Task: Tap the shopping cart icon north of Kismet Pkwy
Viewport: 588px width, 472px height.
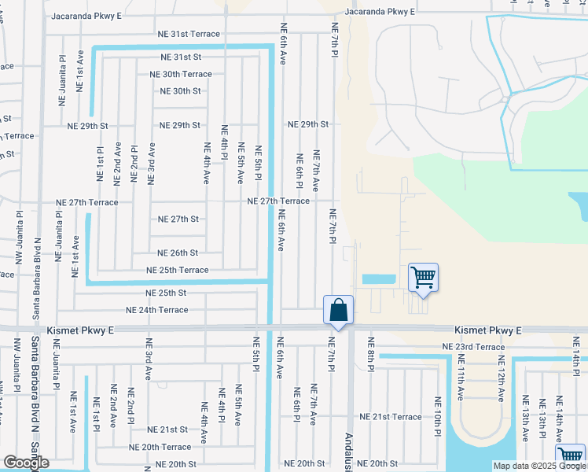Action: pos(423,277)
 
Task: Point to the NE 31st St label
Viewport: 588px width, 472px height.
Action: pos(181,57)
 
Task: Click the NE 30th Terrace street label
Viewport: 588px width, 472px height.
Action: pos(181,74)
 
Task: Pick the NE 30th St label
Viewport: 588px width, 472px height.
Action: pos(180,91)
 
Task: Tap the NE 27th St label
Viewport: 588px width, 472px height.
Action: pos(178,219)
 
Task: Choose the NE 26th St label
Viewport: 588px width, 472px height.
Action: pos(178,253)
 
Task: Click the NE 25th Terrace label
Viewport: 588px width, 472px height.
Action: pos(178,270)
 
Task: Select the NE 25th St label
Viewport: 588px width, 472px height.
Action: pos(166,293)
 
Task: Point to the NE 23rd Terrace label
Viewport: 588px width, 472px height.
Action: pos(473,347)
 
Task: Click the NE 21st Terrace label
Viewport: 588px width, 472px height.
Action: pos(391,416)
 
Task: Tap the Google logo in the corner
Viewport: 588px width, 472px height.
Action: pos(25,463)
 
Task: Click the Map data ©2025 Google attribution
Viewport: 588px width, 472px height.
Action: pos(539,466)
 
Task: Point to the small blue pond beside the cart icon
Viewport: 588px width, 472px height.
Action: pos(378,279)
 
